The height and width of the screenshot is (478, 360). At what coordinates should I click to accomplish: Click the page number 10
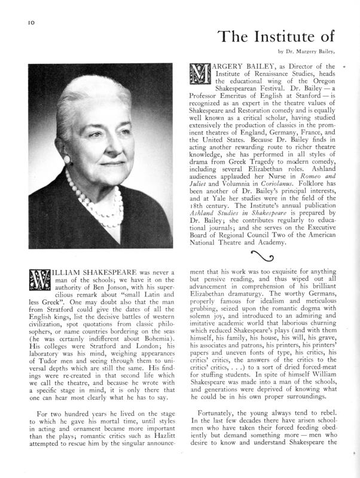pyautogui.click(x=30, y=22)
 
